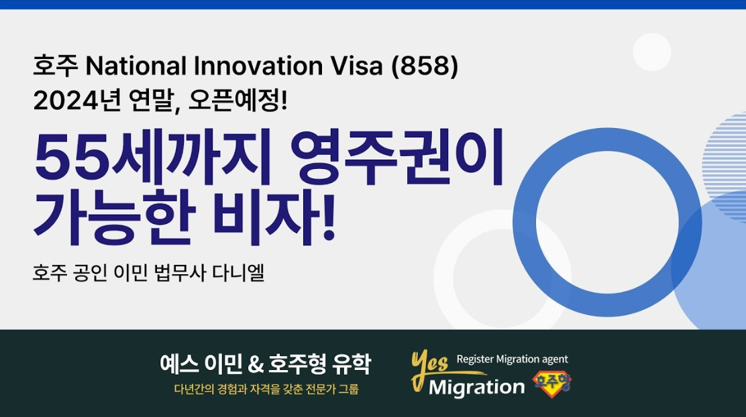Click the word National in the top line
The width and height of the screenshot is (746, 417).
click(x=136, y=66)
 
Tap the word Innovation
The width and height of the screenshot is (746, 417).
click(x=258, y=66)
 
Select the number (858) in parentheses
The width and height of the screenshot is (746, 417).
click(x=425, y=66)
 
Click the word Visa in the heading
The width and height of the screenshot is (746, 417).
click(x=357, y=66)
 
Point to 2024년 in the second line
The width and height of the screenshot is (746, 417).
click(x=76, y=101)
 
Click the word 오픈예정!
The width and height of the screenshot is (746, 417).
click(x=238, y=101)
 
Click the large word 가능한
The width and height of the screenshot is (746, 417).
click(x=114, y=218)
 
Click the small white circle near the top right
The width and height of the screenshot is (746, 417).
click(x=652, y=52)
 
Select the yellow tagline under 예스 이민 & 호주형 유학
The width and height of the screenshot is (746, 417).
click(x=266, y=390)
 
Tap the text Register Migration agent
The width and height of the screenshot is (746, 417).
click(x=513, y=359)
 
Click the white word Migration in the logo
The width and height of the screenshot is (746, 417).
click(x=477, y=388)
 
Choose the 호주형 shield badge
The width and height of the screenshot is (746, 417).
click(x=552, y=383)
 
